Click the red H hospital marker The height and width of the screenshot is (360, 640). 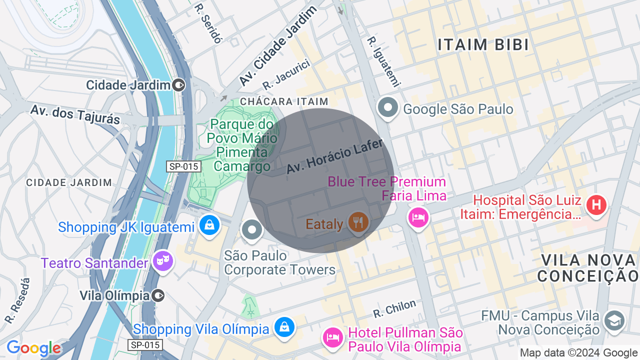tap(596, 205)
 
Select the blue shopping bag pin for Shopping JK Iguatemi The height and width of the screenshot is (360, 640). tap(210, 225)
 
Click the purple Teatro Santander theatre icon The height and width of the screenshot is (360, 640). tap(163, 260)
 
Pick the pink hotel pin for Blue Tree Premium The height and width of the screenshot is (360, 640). tap(418, 217)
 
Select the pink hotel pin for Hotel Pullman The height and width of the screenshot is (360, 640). tap(332, 336)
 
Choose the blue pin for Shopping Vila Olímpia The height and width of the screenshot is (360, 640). tap(284, 327)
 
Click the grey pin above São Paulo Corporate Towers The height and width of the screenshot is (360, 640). tap(251, 230)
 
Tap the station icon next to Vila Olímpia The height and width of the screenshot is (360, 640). tap(158, 295)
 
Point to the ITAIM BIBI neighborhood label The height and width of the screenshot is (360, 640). tap(483, 45)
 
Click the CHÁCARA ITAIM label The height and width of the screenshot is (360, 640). tap(284, 101)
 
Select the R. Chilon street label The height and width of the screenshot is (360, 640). tap(394, 309)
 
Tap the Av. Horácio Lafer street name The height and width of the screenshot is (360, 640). tap(334, 156)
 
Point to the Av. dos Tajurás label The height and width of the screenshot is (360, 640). tap(75, 114)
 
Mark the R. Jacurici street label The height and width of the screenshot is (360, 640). tap(286, 75)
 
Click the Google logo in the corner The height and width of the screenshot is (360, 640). tap(33, 348)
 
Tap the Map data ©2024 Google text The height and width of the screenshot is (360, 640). tap(578, 353)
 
